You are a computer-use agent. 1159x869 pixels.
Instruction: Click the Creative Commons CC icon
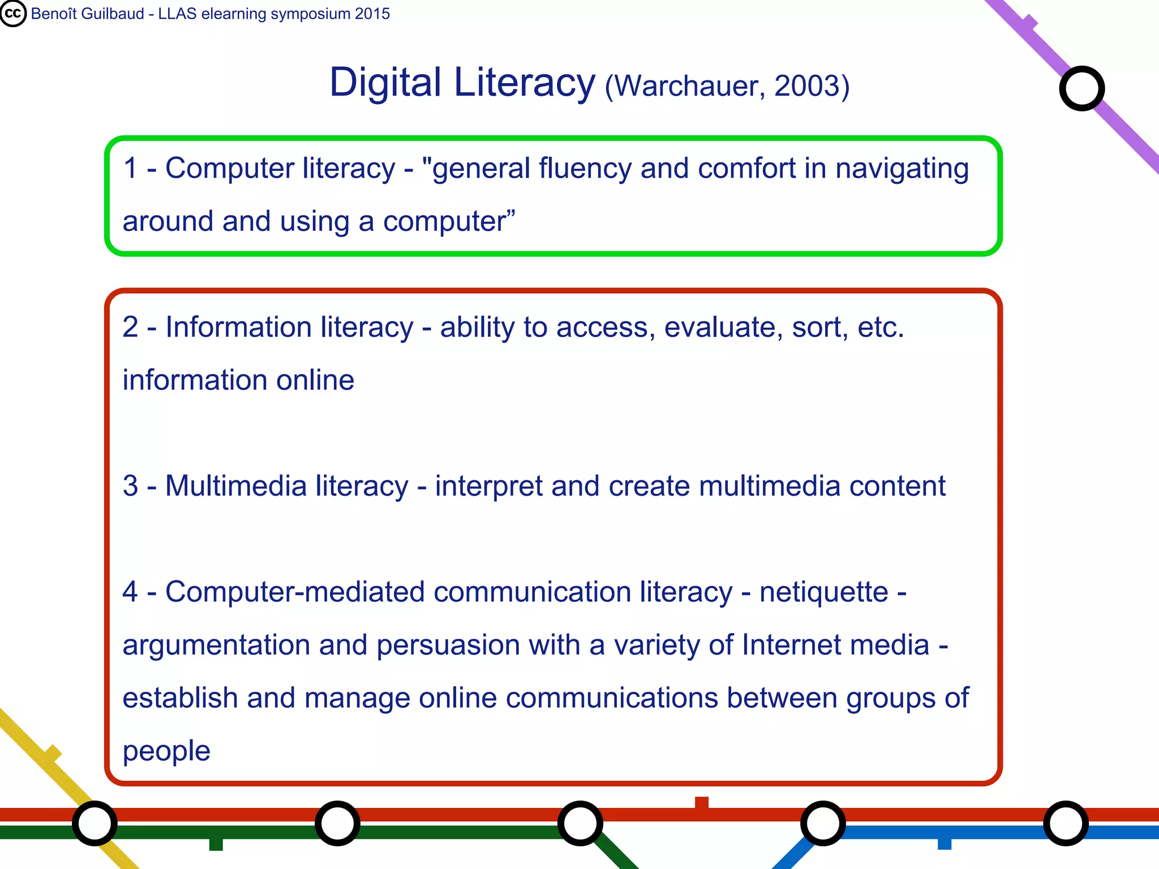coord(13,14)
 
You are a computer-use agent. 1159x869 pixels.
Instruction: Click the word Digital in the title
coord(385,83)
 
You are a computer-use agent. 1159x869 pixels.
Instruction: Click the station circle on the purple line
coord(1081,88)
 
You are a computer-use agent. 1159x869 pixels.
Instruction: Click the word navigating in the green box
coord(902,169)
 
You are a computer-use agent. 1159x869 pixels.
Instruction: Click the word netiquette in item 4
coord(824,592)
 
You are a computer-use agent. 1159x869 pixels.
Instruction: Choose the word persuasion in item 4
coord(448,646)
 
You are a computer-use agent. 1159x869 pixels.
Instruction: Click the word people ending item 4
coord(166,751)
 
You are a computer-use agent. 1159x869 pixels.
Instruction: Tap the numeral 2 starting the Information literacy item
coord(130,327)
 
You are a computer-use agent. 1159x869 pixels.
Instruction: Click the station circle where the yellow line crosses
coord(95,823)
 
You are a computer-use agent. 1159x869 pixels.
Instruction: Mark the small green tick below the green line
coord(216,844)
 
